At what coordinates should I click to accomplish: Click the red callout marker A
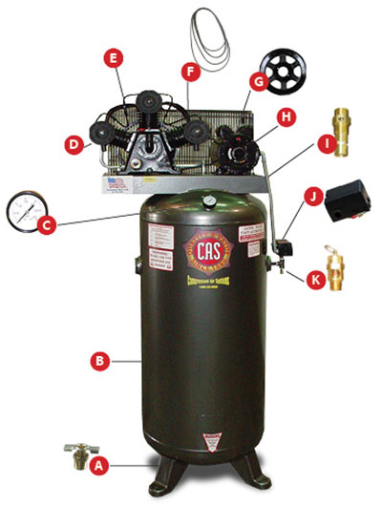pyautogui.click(x=95, y=467)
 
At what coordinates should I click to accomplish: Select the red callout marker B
pyautogui.click(x=95, y=361)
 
